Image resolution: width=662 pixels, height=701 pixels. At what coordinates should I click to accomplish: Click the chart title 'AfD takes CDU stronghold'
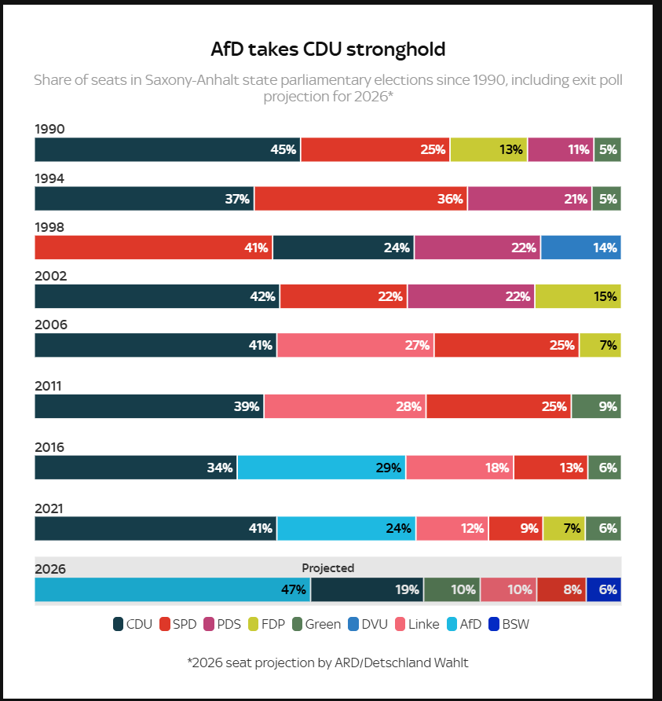pos(328,50)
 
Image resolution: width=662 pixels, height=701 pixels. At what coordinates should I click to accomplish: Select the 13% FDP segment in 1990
pos(488,149)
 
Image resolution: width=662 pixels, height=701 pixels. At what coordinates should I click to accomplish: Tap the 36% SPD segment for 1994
pos(361,199)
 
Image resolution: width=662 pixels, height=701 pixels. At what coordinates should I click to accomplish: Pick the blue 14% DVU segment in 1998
pos(580,248)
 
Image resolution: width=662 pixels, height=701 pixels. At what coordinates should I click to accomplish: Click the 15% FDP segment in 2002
pos(578,296)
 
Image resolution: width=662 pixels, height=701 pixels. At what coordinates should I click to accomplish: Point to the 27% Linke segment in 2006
pos(356,345)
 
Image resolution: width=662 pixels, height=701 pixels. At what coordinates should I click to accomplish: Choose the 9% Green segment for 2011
pos(596,406)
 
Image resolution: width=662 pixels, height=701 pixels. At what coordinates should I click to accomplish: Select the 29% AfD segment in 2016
pos(322,468)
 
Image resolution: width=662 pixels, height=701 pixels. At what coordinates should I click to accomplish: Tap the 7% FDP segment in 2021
pos(564,528)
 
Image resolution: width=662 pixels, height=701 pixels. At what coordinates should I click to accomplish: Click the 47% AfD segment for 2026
pos(173,589)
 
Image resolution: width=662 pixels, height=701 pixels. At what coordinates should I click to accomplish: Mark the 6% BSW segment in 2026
pos(604,589)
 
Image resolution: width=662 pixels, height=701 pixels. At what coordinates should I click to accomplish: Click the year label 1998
pos(49,227)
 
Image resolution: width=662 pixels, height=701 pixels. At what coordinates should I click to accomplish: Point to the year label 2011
pos(48,386)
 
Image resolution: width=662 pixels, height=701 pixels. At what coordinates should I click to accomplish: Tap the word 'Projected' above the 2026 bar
pos(328,567)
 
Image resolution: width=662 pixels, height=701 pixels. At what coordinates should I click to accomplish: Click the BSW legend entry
pos(509,624)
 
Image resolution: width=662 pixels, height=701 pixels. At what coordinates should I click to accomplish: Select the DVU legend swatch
pos(353,624)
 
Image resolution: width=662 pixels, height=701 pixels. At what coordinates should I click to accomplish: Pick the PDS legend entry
pos(222,624)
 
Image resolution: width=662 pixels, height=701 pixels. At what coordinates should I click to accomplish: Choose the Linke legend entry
pos(417,624)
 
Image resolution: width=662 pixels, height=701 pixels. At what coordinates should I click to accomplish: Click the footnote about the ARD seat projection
pos(328,662)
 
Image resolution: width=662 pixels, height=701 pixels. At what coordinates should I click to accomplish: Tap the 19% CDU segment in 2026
pos(368,589)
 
